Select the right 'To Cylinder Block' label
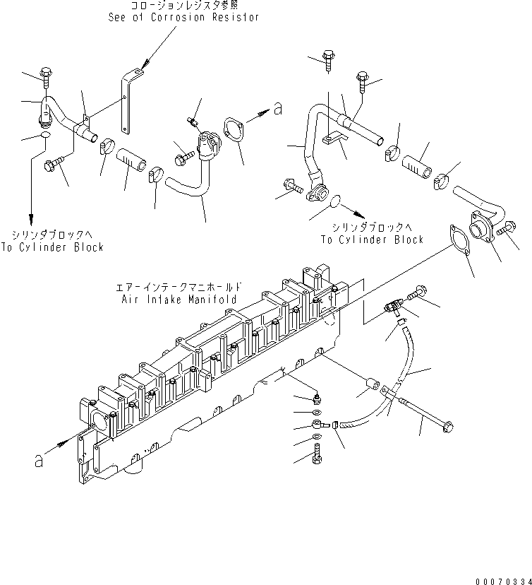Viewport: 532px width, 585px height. coord(372,239)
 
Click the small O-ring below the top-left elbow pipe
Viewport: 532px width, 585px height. coord(44,135)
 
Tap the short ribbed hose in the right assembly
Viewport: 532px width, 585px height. coord(418,167)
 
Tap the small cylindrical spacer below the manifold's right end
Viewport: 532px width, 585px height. coord(370,389)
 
